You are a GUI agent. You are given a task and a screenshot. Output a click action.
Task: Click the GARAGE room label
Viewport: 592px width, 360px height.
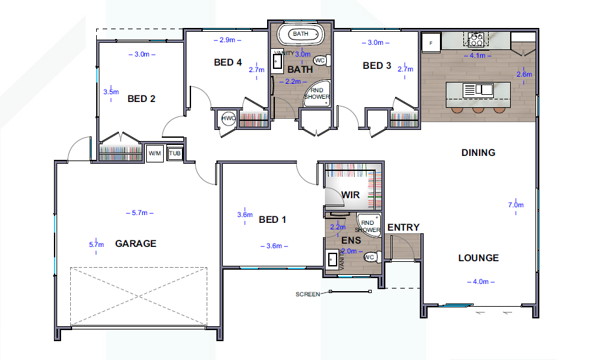coord(136,244)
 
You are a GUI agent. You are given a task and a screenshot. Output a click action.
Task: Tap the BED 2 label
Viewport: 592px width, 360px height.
coord(142,99)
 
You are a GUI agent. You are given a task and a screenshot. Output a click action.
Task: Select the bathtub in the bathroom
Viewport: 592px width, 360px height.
coord(300,34)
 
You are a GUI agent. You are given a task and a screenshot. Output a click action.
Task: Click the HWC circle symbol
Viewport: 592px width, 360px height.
coord(228,118)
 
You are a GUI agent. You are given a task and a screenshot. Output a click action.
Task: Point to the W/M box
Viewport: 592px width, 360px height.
coord(155,153)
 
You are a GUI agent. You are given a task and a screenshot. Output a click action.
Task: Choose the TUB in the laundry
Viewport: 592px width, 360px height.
coord(175,153)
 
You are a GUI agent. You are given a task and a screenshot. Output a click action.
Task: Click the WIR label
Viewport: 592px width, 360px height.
coord(350,195)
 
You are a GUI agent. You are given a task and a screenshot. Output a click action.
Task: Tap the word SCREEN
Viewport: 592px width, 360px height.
coord(308,294)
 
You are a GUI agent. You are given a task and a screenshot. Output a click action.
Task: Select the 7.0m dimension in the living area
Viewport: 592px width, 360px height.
coord(516,205)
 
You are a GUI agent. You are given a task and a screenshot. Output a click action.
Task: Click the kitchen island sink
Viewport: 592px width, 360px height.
coord(478,90)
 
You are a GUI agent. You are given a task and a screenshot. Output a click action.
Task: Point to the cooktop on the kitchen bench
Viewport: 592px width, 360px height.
coord(476,40)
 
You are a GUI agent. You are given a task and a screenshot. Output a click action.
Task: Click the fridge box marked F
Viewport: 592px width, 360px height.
coord(431,44)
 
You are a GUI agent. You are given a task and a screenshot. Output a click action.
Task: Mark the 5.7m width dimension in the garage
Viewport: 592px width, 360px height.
coord(140,213)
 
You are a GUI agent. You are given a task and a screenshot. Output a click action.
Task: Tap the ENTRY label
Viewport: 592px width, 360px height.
coord(404,227)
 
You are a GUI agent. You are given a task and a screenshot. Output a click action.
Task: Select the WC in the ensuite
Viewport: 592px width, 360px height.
coord(372,257)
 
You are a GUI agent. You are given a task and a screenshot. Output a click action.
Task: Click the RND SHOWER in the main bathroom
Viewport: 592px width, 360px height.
coord(317,93)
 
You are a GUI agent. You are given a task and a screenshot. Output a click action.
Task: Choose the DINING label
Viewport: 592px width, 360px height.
coord(478,153)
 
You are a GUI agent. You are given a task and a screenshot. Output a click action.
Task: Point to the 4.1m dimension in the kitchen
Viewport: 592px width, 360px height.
coord(478,55)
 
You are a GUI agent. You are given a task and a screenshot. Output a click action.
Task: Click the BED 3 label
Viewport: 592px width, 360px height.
coord(377,66)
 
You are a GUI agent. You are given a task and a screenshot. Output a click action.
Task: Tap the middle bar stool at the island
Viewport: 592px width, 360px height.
coord(478,110)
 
